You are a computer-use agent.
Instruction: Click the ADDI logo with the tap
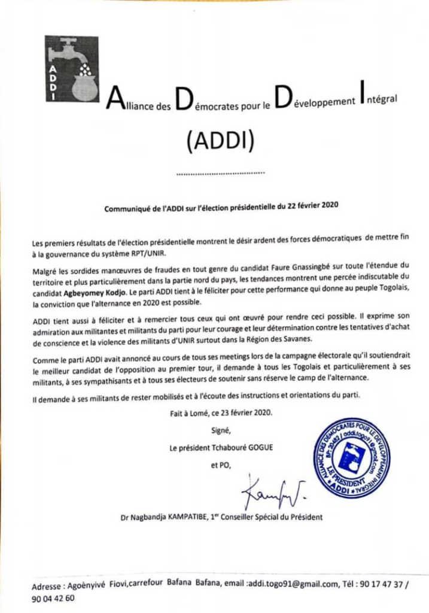(71, 69)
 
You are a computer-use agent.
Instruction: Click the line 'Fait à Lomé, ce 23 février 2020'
(221, 413)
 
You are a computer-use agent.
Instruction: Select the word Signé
(220, 430)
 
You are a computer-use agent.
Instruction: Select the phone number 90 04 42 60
(53, 599)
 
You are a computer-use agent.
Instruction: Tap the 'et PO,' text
(220, 465)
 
